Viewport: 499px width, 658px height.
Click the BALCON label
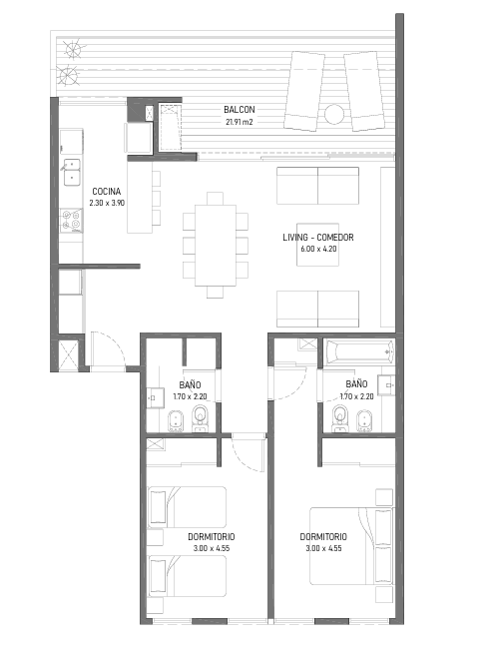[239, 110]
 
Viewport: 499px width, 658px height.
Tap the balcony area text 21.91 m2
[240, 122]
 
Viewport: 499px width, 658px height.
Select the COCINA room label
[107, 192]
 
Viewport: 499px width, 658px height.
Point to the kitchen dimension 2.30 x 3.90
[107, 203]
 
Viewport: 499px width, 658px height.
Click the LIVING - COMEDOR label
[318, 237]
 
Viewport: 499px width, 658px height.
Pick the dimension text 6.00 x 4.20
[318, 249]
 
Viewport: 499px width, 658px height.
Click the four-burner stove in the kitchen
[71, 221]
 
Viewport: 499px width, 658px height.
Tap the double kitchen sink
[72, 172]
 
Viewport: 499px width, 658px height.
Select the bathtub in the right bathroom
[360, 351]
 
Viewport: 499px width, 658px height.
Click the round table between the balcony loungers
[334, 114]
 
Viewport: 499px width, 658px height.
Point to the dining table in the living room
[216, 245]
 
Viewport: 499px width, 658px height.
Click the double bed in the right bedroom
[351, 546]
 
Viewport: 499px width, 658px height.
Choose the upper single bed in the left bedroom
[187, 507]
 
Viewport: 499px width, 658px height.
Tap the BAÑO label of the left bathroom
[190, 384]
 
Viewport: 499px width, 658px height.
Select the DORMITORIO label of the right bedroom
[323, 537]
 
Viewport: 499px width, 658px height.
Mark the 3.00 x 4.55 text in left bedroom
[212, 548]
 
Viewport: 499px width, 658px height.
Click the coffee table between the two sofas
[317, 245]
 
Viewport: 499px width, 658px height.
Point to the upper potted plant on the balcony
[73, 49]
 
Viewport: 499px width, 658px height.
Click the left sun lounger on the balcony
[304, 91]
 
